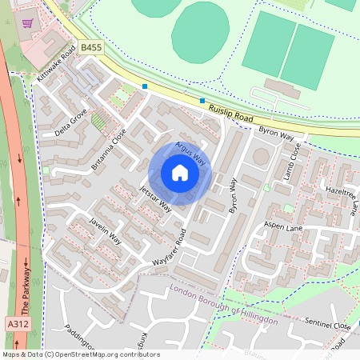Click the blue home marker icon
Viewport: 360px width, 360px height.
click(x=180, y=173)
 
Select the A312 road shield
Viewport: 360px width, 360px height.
click(x=17, y=324)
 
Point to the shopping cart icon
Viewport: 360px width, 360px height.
click(x=28, y=24)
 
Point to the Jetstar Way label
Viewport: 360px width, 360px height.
click(x=154, y=198)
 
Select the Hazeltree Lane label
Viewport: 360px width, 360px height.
click(x=342, y=198)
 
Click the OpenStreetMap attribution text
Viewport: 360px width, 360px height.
click(x=81, y=354)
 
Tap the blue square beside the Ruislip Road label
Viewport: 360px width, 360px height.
click(x=202, y=101)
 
